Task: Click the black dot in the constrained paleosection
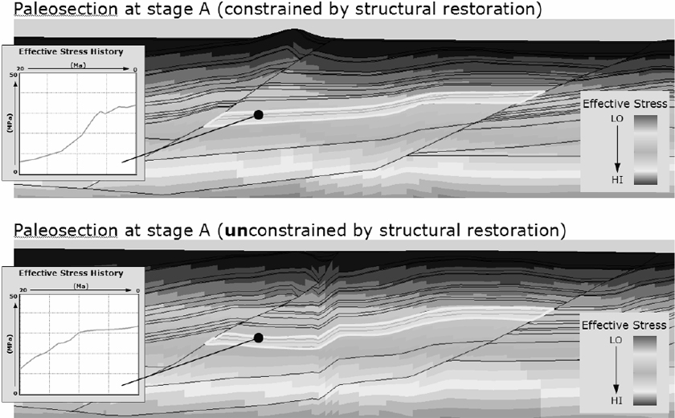pos(258,115)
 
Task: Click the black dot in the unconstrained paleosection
pos(258,338)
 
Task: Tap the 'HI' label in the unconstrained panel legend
pos(612,399)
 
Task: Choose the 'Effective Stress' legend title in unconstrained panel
pos(624,325)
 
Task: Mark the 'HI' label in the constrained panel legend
pos(612,178)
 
